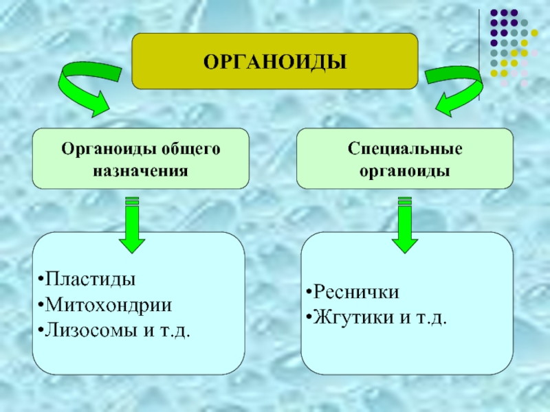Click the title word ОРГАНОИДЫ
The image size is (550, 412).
[x=275, y=62]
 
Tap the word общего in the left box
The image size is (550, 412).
[x=190, y=149]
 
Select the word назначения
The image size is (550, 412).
[x=140, y=171]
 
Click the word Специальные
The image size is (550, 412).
[x=405, y=149]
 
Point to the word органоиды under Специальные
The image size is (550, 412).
[x=405, y=172]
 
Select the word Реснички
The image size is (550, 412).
[x=356, y=292]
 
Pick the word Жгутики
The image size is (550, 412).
[x=353, y=318]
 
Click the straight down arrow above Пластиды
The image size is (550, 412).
[x=132, y=225]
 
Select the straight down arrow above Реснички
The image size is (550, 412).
[x=405, y=225]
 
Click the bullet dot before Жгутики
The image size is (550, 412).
[x=309, y=318]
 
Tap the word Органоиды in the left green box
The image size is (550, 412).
[x=109, y=150]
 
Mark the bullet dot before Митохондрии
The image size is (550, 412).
[x=41, y=306]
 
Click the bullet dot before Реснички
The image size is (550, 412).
[x=309, y=293]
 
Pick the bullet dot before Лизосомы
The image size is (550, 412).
[x=41, y=331]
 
